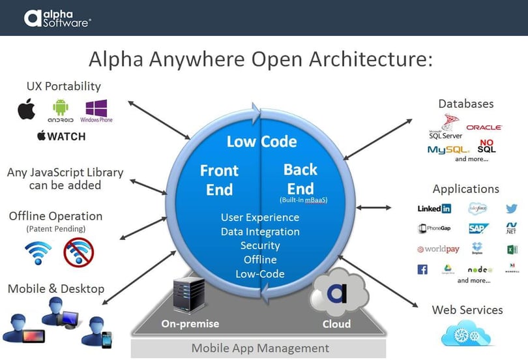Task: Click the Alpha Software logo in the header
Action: tap(57, 18)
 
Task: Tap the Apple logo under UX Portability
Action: tap(26, 109)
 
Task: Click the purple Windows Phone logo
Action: tap(96, 110)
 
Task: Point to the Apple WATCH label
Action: tap(61, 136)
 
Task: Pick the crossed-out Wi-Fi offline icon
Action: tap(78, 252)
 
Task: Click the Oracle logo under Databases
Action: tap(484, 127)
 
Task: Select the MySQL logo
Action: tap(449, 149)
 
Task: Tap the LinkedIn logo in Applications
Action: tap(434, 209)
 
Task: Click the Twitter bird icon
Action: tap(512, 209)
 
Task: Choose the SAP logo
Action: tap(478, 229)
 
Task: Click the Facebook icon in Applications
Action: tap(422, 269)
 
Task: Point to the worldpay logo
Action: tap(438, 249)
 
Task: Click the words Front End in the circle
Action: tap(219, 179)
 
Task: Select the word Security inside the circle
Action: tap(260, 245)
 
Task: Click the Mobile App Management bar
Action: tap(260, 348)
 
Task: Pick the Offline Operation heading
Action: tap(55, 216)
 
